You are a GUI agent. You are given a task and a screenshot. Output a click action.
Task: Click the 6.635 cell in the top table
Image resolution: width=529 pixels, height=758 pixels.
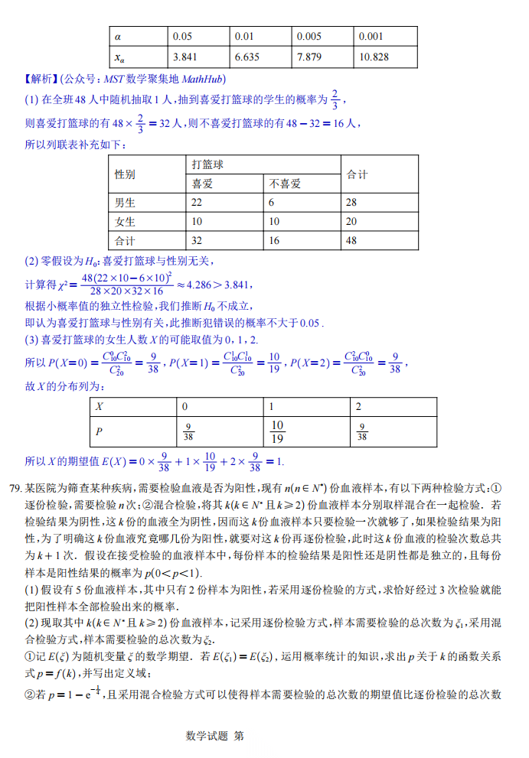tap(247, 57)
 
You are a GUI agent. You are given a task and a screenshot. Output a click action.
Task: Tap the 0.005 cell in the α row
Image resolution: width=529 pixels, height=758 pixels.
tap(309, 36)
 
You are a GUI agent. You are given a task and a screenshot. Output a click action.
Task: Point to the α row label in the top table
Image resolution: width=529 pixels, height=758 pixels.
tap(118, 36)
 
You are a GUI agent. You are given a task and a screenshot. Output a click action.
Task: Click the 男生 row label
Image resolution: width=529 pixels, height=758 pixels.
tap(125, 203)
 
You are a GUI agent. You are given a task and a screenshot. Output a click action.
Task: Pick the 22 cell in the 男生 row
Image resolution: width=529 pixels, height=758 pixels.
tap(197, 203)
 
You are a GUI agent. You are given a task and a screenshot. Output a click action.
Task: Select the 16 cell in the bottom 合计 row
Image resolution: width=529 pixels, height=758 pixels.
tap(274, 240)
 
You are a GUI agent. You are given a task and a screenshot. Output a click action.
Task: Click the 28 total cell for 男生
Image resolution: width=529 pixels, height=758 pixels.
tap(352, 203)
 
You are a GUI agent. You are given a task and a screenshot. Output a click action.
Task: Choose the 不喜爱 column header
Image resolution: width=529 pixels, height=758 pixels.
tap(285, 184)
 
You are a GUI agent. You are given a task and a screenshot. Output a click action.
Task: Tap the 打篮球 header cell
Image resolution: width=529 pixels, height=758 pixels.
tap(207, 164)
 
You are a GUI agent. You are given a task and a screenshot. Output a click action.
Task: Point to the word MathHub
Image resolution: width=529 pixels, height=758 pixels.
tap(204, 80)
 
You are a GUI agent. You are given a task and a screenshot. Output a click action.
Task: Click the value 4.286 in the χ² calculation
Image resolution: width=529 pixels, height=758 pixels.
tap(201, 285)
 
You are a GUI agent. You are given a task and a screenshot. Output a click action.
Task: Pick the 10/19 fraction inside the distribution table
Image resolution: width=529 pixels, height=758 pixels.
tap(277, 432)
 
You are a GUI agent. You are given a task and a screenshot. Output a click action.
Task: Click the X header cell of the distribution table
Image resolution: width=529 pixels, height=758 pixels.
tap(99, 407)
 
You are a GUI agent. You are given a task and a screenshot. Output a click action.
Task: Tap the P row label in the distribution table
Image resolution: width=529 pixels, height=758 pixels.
tap(99, 432)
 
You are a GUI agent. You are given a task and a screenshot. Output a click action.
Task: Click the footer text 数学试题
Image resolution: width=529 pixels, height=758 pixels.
tap(207, 736)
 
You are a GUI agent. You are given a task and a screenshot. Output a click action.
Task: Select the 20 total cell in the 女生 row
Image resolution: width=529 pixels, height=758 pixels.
tap(352, 222)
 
